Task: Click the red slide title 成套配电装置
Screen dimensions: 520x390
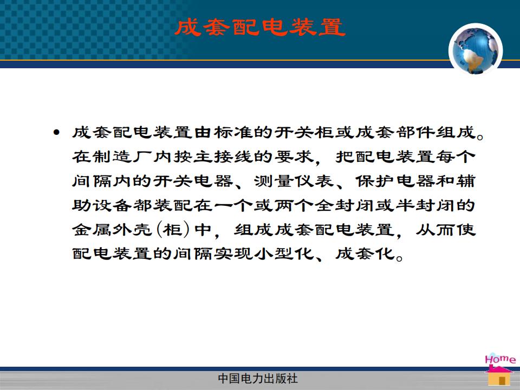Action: (x=260, y=27)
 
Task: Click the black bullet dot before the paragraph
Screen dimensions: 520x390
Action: (x=56, y=133)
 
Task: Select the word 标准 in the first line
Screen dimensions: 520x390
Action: (x=234, y=132)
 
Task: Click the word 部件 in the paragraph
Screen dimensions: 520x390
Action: (x=416, y=132)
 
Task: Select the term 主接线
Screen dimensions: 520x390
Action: (x=223, y=157)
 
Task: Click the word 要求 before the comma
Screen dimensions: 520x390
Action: (x=294, y=157)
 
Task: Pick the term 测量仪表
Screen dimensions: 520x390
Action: (x=294, y=181)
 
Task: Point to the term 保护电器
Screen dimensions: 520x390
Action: (x=395, y=181)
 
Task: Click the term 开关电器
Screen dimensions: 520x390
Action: (x=193, y=181)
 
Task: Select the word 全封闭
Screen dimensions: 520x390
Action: (x=344, y=205)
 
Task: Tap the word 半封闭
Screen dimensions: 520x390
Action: (x=426, y=205)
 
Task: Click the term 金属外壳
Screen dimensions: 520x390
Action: (x=112, y=230)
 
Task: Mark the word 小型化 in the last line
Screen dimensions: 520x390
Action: (x=284, y=253)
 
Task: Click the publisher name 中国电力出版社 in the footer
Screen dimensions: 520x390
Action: (x=258, y=379)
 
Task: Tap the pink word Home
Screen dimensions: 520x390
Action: (x=500, y=359)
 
